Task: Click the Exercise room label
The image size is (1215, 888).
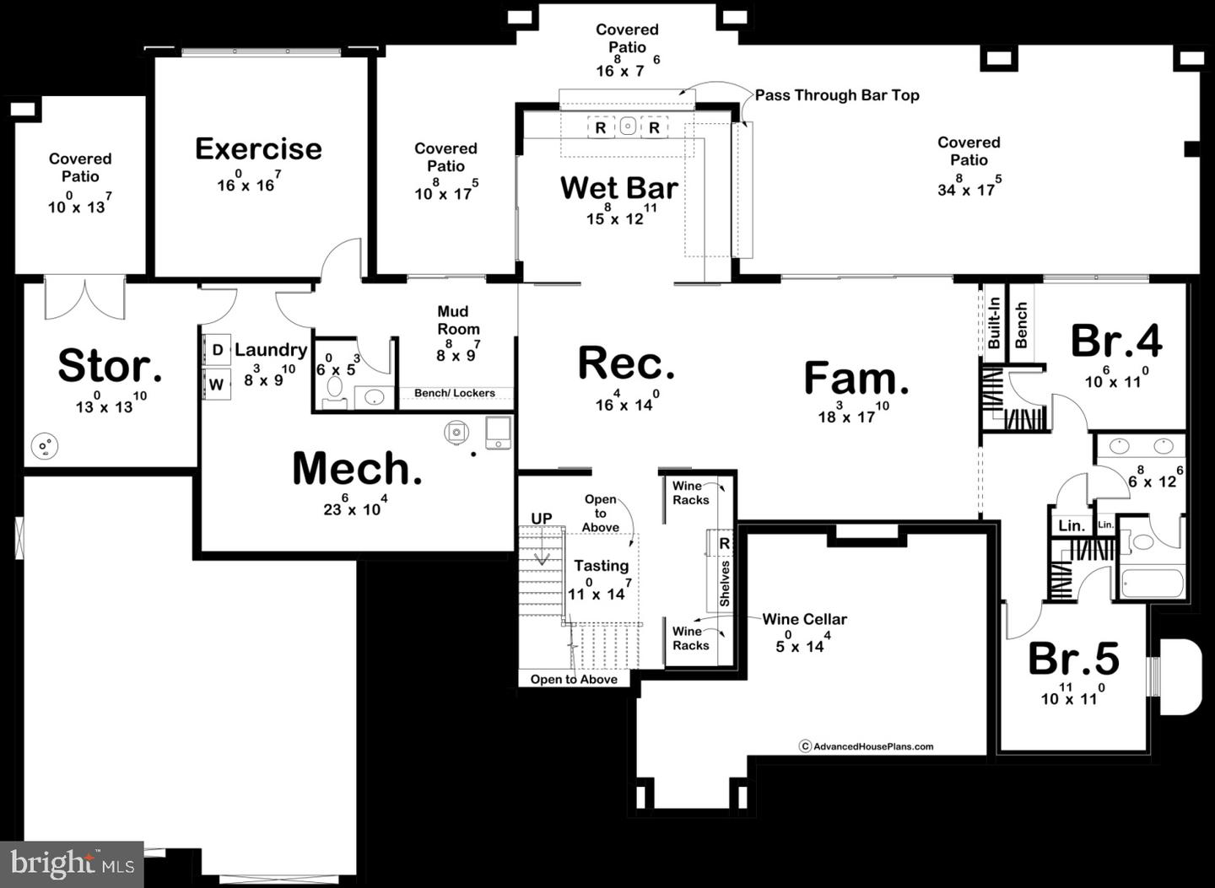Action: (258, 149)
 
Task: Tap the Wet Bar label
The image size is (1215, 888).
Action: (618, 188)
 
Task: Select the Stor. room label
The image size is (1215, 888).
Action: (110, 367)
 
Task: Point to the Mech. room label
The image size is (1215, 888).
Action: (357, 469)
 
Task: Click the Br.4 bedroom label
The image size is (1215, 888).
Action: (1115, 342)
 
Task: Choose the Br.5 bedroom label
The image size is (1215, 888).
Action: (1073, 659)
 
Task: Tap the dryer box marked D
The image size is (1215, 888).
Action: (217, 350)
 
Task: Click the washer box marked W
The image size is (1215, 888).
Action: (217, 385)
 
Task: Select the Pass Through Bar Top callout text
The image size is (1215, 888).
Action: (836, 95)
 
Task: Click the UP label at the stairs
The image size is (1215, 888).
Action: (541, 519)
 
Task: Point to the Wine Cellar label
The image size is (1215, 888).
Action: (804, 619)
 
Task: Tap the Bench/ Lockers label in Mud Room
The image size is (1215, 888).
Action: (455, 393)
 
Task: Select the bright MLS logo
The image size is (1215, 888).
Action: (72, 864)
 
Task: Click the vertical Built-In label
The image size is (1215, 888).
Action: (993, 322)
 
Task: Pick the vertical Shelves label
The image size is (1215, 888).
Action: (724, 584)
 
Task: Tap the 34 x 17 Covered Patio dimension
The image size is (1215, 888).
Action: (969, 190)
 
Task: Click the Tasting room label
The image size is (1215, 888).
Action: (601, 566)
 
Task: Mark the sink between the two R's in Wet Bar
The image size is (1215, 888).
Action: (628, 126)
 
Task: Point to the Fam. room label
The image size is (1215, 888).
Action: (856, 379)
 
